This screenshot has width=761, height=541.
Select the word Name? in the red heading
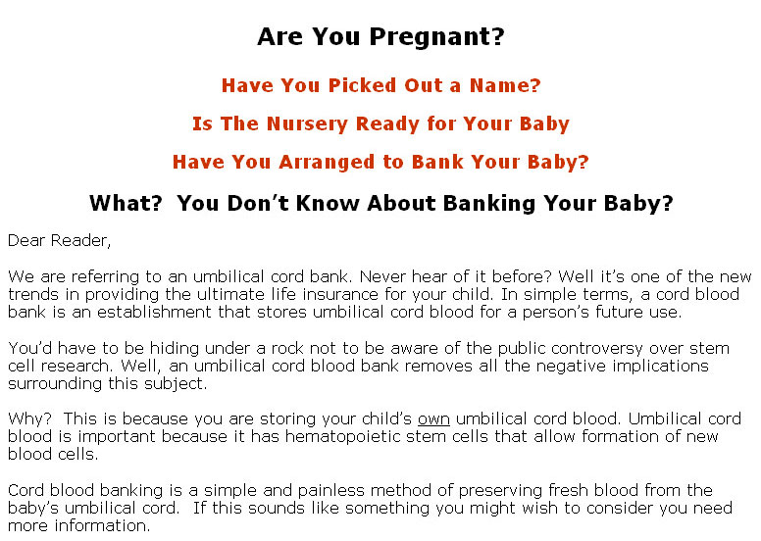pyautogui.click(x=505, y=85)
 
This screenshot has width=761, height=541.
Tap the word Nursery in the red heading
pyautogui.click(x=307, y=124)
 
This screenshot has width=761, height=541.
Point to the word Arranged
pyautogui.click(x=327, y=162)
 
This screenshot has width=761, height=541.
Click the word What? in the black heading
pyautogui.click(x=126, y=203)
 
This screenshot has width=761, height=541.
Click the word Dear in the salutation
pyautogui.click(x=26, y=240)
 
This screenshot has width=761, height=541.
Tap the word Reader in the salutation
pyautogui.click(x=80, y=241)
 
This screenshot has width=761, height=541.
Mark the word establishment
pyautogui.click(x=154, y=312)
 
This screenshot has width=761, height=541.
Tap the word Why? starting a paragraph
pyautogui.click(x=29, y=418)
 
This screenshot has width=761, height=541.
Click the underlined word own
pyautogui.click(x=433, y=419)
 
